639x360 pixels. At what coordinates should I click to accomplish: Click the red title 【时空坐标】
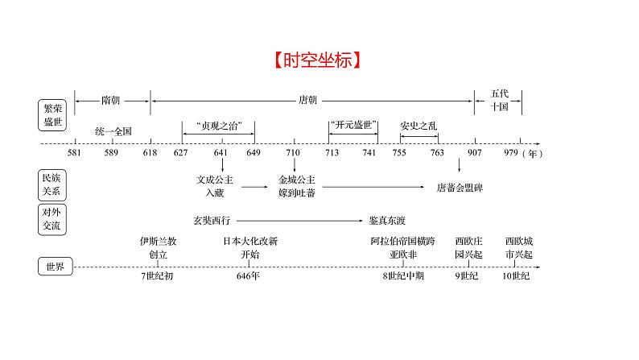click(317, 60)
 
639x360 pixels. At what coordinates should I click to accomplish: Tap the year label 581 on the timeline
click(74, 153)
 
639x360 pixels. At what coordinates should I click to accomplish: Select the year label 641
click(221, 153)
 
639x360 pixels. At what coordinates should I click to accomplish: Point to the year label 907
click(474, 153)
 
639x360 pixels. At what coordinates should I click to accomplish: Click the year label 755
click(399, 153)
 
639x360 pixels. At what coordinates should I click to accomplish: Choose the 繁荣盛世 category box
click(52, 115)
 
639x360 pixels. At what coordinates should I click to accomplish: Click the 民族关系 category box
click(52, 184)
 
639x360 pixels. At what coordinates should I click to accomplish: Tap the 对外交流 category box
click(52, 219)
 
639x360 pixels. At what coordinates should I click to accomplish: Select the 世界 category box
click(56, 267)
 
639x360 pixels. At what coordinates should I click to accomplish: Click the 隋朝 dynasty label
click(110, 101)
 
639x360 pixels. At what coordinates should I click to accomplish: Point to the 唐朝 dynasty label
click(307, 100)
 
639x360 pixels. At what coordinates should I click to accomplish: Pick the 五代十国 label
click(499, 101)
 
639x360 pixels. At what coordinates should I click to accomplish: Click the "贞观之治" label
click(219, 126)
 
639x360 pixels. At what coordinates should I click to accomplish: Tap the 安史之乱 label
click(418, 126)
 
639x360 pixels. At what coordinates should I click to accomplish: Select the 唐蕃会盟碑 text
click(460, 188)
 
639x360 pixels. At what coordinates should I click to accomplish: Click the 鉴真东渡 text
click(387, 221)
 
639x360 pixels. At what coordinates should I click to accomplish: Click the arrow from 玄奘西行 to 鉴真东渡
click(299, 221)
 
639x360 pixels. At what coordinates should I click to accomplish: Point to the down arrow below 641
click(222, 165)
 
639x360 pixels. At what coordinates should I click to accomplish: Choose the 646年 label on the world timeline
click(248, 276)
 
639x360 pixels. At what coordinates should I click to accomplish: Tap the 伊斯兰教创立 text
click(158, 248)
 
